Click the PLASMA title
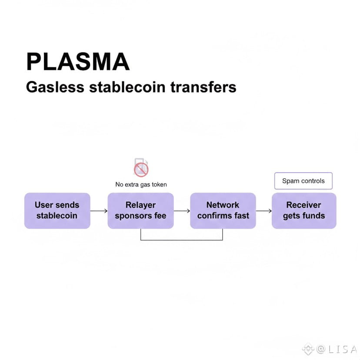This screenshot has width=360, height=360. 78,61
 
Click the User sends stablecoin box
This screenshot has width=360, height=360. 57,210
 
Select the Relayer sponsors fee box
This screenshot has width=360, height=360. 140,210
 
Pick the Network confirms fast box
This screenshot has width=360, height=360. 223,210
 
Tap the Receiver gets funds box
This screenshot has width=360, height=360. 304,210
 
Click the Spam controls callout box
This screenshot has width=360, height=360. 303,181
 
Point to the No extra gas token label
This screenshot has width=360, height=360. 141,184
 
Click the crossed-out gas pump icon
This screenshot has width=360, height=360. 141,168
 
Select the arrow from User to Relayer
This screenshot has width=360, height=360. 99,211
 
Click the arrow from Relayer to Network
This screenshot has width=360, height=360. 182,211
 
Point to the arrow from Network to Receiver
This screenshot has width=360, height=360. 263,211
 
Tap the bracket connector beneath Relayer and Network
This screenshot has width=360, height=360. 182,239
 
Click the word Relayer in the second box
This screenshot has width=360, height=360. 140,205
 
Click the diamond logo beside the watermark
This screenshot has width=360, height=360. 309,349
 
